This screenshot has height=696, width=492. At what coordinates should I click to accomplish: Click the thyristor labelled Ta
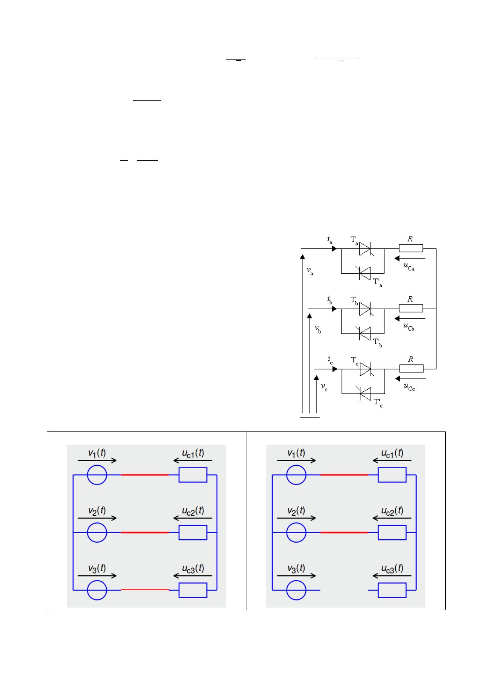click(x=365, y=249)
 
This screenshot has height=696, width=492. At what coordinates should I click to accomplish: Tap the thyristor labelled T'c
click(x=365, y=394)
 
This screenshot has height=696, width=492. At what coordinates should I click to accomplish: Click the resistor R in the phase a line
click(x=411, y=248)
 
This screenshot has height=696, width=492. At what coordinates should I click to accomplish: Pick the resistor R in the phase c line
click(x=411, y=369)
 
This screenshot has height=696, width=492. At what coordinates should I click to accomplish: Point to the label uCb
click(x=409, y=327)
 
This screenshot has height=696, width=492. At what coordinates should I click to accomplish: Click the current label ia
click(x=330, y=240)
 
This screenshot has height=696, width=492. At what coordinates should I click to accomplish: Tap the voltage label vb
click(x=318, y=329)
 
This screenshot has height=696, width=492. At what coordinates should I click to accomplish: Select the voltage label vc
click(x=324, y=387)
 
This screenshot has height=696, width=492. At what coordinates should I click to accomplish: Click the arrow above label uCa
click(x=410, y=258)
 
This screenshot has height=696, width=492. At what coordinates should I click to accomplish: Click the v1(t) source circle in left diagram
click(x=97, y=475)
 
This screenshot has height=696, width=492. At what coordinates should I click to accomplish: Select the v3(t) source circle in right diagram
click(x=296, y=590)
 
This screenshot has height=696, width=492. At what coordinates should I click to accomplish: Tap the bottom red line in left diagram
click(x=145, y=589)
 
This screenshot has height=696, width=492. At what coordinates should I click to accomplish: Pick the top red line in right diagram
click(x=344, y=475)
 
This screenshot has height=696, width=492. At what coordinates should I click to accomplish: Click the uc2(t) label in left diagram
click(x=193, y=510)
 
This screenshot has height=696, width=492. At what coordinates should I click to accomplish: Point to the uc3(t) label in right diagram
click(x=392, y=568)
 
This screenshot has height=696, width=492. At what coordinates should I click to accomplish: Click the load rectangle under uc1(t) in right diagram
click(x=392, y=475)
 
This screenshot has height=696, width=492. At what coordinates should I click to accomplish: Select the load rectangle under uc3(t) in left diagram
click(x=193, y=590)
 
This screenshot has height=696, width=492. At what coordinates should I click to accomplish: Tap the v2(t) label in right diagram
click(x=296, y=510)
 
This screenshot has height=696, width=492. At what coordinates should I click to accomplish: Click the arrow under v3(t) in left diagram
click(x=97, y=575)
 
